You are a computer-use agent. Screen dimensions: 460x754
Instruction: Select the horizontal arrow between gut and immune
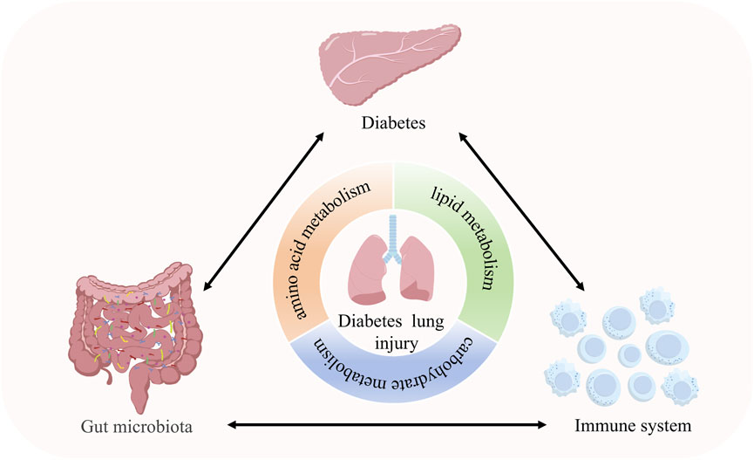coord(384,426)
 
